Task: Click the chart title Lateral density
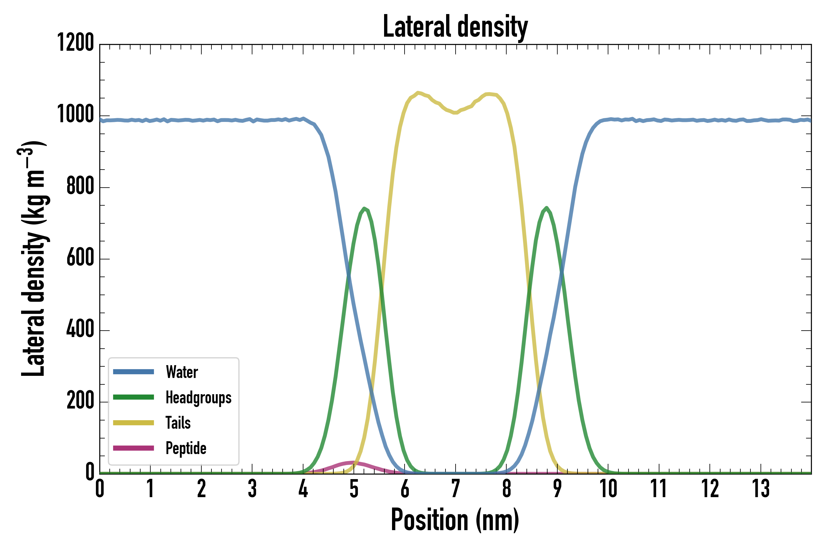coord(455,27)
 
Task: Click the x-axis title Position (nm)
coord(455,520)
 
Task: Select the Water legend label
coord(182,372)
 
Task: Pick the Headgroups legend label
coord(198,398)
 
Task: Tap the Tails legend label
coord(178,423)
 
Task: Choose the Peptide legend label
coord(186,448)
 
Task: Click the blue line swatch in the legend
coord(133,372)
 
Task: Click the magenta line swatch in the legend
coord(133,448)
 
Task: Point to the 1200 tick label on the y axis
coord(75,43)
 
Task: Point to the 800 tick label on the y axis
coord(80,186)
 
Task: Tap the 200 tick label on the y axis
coord(80,400)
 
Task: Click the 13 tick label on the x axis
coord(761,489)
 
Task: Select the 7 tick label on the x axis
coord(455,489)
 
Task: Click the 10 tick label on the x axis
coord(608,489)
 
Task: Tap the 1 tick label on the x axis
coord(150,489)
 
